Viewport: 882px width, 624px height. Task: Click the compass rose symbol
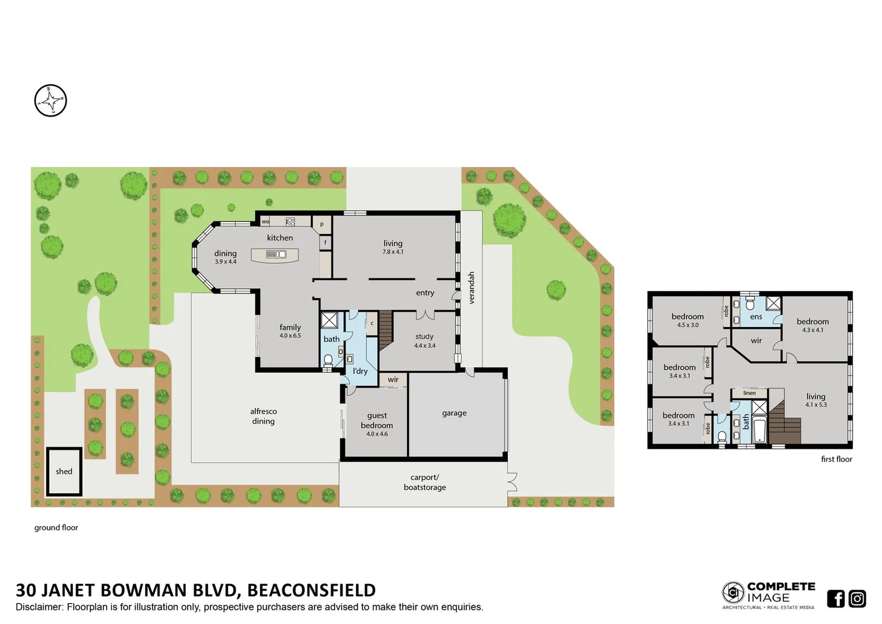tap(51, 101)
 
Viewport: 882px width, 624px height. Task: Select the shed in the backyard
tap(64, 471)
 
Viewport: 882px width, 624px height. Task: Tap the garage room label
tap(454, 413)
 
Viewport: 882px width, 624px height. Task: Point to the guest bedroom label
tap(377, 420)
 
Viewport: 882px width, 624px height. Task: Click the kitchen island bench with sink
tap(275, 254)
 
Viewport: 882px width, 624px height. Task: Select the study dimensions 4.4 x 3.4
tap(425, 346)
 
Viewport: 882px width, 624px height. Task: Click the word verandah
tap(471, 288)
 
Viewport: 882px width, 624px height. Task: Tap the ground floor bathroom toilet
tap(328, 361)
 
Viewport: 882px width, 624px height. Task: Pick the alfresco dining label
tap(263, 416)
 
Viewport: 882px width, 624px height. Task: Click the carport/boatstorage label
tap(425, 482)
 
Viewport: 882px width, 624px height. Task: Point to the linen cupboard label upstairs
tap(749, 393)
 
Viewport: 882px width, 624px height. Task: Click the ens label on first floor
tap(756, 317)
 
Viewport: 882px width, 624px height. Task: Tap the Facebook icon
tap(835, 599)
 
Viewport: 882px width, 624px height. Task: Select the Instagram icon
tap(857, 599)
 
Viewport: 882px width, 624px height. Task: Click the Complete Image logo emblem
tap(733, 593)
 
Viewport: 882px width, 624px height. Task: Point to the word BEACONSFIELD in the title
tap(311, 590)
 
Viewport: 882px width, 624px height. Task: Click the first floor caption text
tap(836, 459)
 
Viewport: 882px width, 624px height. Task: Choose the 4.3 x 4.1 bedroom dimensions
tap(813, 330)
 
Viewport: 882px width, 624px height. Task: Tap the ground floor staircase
tap(386, 329)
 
